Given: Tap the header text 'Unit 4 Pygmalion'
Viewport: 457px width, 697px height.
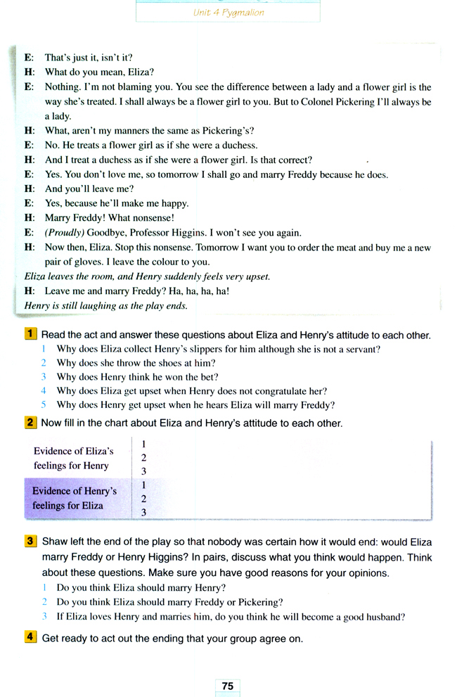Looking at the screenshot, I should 228,13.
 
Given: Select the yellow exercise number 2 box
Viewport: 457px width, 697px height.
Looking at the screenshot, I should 31,423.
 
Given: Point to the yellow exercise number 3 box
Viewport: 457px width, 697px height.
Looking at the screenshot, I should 31,542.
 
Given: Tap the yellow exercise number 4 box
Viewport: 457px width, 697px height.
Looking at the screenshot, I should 31,638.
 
